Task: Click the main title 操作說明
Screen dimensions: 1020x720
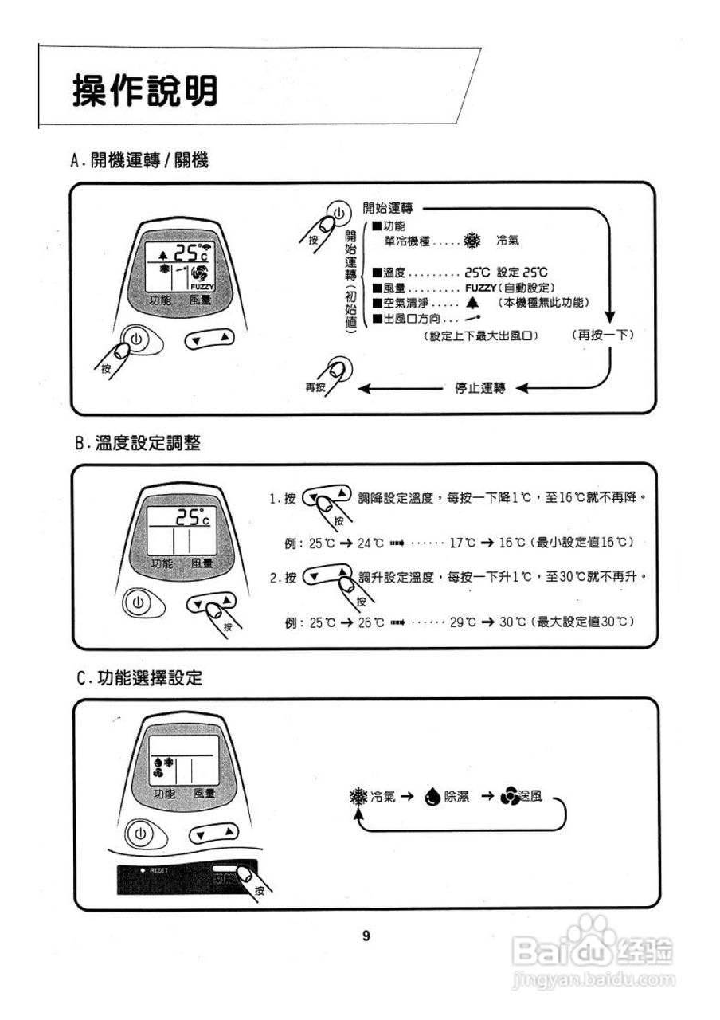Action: [145, 92]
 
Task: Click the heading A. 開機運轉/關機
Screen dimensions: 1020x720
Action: [139, 161]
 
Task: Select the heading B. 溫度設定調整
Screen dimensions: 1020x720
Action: [138, 444]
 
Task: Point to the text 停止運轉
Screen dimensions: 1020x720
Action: [479, 389]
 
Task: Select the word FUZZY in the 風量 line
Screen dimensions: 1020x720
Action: [480, 287]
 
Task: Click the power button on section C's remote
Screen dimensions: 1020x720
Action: [140, 834]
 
